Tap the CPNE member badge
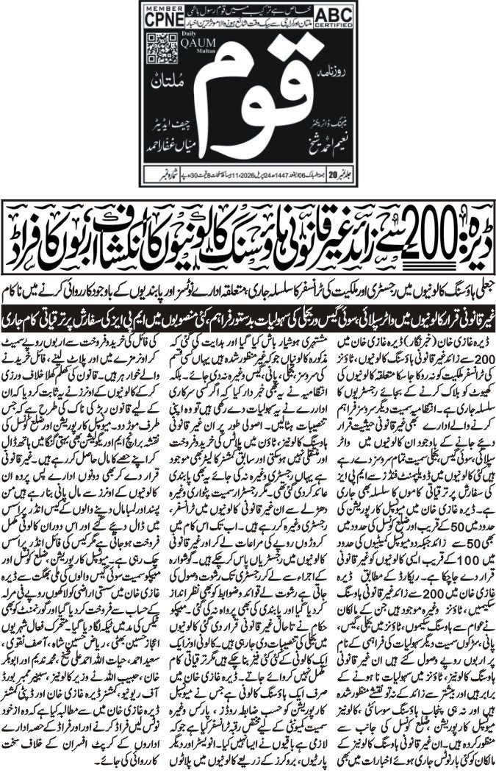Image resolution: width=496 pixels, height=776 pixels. click(x=162, y=18)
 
